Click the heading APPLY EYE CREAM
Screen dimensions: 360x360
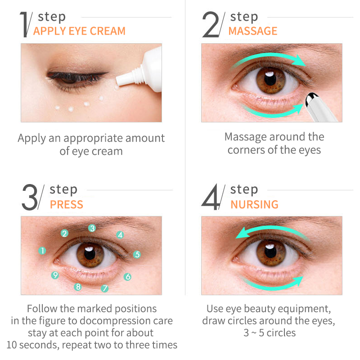[79, 31]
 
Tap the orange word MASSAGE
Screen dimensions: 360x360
[253, 31]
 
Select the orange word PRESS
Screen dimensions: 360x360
[66, 204]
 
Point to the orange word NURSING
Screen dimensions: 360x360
[254, 204]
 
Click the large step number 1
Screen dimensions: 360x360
[24, 24]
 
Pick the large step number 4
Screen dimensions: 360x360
[211, 197]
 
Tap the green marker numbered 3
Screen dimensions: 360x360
[92, 228]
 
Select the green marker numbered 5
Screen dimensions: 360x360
[137, 254]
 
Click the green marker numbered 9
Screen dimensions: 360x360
[55, 275]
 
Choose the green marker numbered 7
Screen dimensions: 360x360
[105, 288]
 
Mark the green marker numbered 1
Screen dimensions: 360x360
[42, 251]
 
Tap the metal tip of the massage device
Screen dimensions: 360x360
[311, 99]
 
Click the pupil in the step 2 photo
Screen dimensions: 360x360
[270, 79]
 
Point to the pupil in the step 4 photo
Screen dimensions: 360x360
[270, 251]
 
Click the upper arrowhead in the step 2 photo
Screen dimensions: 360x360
[300, 61]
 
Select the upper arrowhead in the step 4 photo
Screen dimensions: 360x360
[242, 233]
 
